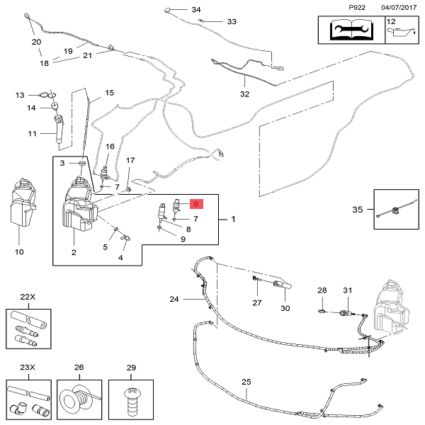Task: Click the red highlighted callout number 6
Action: (196, 203)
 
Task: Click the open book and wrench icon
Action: (349, 31)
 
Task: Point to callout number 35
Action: (358, 209)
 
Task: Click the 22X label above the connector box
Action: (28, 296)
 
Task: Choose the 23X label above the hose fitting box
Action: (28, 368)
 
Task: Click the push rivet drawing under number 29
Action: (130, 401)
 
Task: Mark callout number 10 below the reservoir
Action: (19, 251)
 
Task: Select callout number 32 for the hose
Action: (245, 93)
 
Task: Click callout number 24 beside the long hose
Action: (175, 299)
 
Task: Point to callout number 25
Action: (246, 382)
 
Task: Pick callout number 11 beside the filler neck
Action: (32, 133)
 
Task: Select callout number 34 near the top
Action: (196, 10)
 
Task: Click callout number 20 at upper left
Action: (37, 42)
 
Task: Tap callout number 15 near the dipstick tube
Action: (109, 93)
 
